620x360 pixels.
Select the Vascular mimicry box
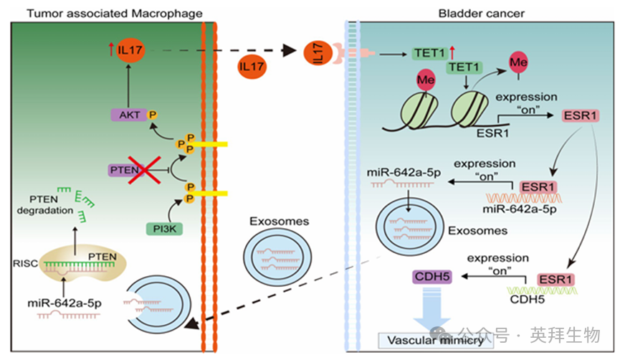pos(436,340)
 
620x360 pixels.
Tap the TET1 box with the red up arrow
pos(429,53)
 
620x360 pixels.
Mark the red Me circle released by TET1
pos(519,64)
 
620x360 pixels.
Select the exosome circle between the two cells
pos(270,253)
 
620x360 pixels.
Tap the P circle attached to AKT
pos(152,113)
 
